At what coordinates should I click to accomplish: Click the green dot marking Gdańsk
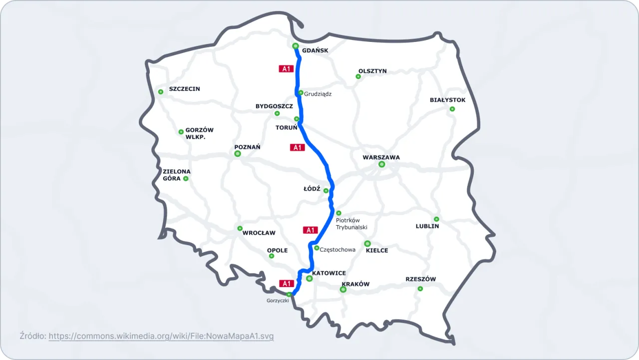coord(296,46)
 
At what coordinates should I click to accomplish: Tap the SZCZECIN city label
coord(184,89)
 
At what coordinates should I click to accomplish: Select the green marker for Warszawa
coord(382,164)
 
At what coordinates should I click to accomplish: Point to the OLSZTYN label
coord(372,71)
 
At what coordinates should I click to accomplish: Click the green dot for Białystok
coord(452,109)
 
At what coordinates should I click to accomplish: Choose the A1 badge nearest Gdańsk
coord(286,69)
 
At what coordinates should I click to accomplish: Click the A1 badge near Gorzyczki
coord(286,284)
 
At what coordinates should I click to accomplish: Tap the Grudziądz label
coord(318,93)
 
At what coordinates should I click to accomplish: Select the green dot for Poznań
coord(238,154)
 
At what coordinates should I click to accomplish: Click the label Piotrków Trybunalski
coord(351,224)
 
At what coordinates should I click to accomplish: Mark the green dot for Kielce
coord(367,244)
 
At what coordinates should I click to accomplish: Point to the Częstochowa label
coord(337,250)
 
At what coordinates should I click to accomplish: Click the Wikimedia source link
coord(161,336)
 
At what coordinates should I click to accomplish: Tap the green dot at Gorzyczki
coord(289,295)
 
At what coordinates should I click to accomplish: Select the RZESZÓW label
coord(421,279)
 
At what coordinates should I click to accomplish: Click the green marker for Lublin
coord(436,219)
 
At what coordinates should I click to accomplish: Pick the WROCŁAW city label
coord(259,233)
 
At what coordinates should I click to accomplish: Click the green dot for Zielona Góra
coord(186,178)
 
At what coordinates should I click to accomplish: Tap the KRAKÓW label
coord(355,284)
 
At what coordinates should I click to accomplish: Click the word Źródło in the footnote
coord(33,336)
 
